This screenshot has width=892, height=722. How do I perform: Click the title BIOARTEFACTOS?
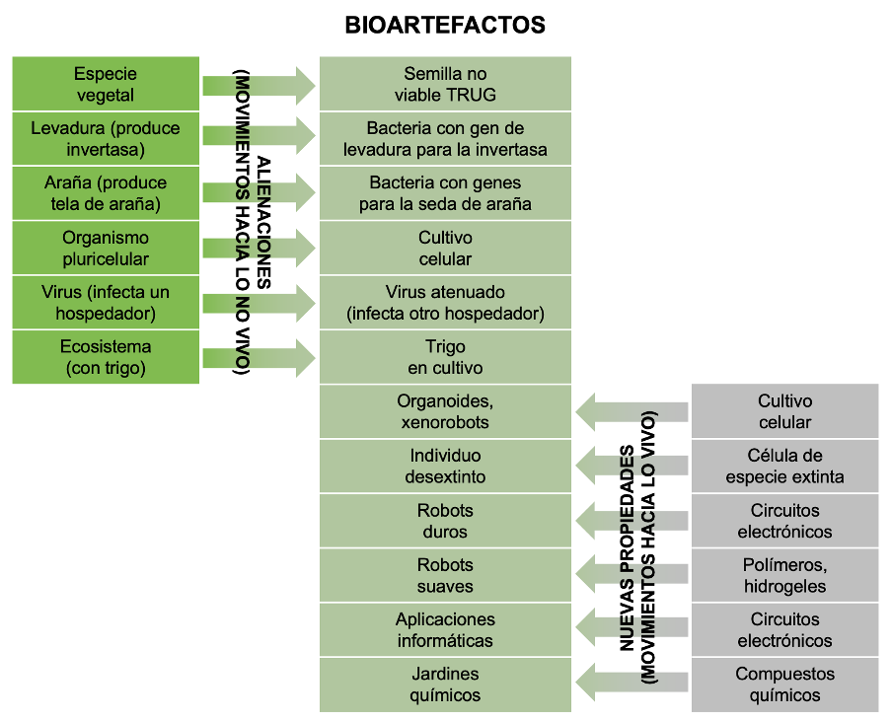click(x=445, y=26)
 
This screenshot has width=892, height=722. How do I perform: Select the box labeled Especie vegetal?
click(x=106, y=84)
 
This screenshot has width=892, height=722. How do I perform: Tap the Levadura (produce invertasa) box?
click(x=106, y=139)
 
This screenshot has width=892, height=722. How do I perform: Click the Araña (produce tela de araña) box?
click(x=106, y=193)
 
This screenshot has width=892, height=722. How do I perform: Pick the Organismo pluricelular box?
click(x=106, y=248)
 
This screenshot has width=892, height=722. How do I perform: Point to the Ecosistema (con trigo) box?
click(x=106, y=357)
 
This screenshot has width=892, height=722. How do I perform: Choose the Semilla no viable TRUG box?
click(x=445, y=84)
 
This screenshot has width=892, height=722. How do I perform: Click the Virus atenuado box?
click(x=445, y=303)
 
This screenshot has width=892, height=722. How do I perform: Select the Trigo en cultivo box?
click(x=445, y=357)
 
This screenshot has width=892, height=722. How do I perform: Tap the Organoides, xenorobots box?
click(x=445, y=411)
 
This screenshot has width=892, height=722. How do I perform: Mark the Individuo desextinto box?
click(x=445, y=467)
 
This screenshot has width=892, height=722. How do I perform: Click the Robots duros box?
click(x=445, y=521)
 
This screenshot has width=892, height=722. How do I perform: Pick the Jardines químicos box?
click(x=445, y=685)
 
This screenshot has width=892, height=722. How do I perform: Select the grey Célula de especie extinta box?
click(x=784, y=467)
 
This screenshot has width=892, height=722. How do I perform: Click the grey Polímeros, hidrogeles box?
click(x=784, y=575)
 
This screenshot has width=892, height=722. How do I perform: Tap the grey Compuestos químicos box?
click(x=784, y=685)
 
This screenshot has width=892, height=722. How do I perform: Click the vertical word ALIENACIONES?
click(x=263, y=222)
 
